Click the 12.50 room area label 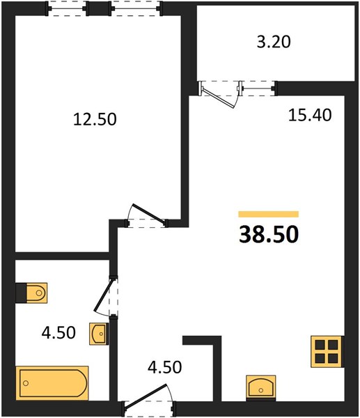coord(95,119)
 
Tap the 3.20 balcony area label coord(274,42)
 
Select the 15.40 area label coord(310,116)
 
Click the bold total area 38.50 coord(269,235)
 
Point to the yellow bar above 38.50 coord(269,214)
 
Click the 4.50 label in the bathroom coord(58,333)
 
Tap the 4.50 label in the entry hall coord(164,367)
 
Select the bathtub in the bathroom coord(52,382)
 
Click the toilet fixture coord(31,293)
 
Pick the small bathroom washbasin coord(99,334)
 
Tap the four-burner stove coord(327,352)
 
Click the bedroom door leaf coord(149,213)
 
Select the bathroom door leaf coord(104,294)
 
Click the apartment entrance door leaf coord(146,396)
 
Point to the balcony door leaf coord(218,98)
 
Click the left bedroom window coord(67,8)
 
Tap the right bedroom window coord(136,8)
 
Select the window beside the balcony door coord(257,88)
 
